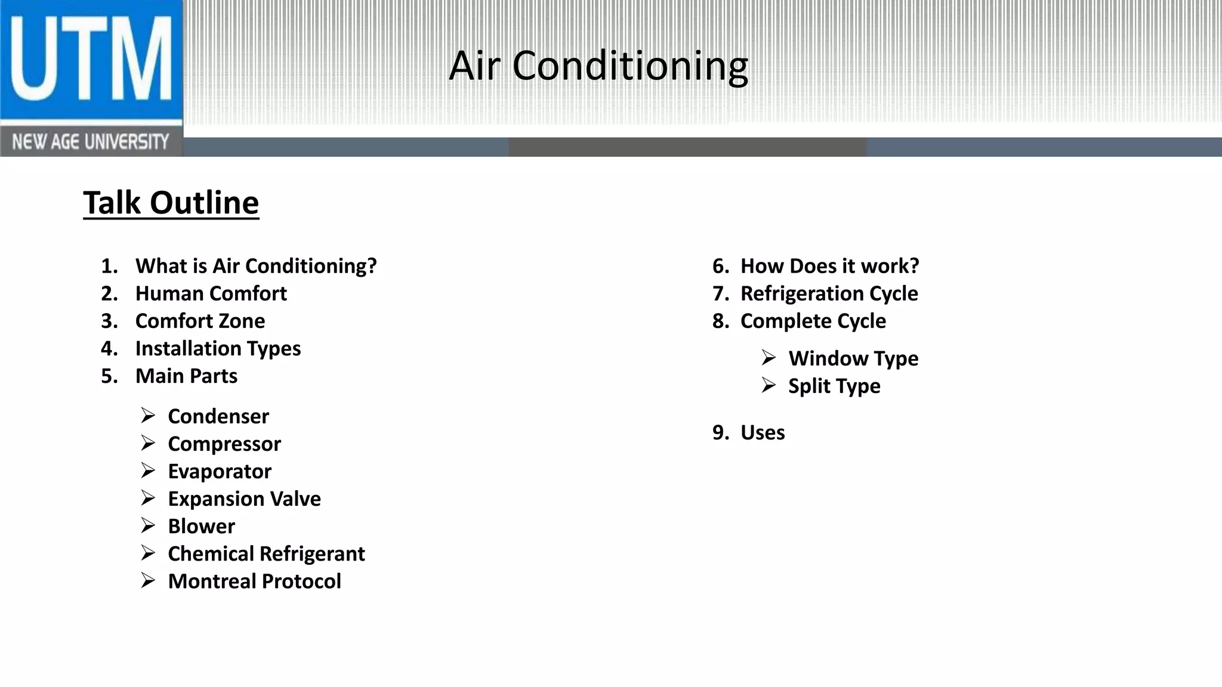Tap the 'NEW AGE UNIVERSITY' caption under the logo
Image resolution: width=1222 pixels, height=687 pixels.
91,142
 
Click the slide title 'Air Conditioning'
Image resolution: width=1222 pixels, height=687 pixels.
598,66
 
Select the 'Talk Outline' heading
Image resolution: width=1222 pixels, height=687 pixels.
171,203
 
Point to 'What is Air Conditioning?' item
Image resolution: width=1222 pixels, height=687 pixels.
256,266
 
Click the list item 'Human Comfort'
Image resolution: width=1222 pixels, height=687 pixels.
211,293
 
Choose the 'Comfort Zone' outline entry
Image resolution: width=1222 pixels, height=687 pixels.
200,321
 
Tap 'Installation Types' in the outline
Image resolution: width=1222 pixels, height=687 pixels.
218,348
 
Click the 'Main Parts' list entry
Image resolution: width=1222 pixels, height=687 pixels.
186,376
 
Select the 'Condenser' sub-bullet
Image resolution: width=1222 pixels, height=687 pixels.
218,416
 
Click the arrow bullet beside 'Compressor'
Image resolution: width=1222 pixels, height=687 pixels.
148,443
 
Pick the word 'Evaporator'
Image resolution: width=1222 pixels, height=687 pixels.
220,471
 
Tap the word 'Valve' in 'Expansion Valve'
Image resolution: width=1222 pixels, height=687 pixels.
296,499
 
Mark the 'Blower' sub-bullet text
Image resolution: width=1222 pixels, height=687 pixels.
202,526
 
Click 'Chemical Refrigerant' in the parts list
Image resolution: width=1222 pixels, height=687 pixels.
266,553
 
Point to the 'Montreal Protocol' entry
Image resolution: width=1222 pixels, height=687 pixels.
254,581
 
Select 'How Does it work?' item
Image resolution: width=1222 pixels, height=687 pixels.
829,266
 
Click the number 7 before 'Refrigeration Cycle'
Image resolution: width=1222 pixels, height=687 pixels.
719,293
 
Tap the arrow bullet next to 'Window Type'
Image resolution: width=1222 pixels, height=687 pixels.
769,358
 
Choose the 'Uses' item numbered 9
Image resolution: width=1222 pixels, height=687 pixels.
763,432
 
